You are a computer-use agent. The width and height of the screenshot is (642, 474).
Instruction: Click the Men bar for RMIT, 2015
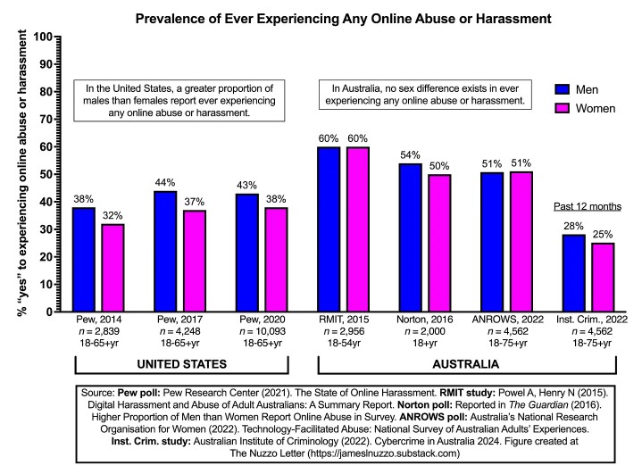coord(329,229)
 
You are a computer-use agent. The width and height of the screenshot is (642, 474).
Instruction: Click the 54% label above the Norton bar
coord(411,154)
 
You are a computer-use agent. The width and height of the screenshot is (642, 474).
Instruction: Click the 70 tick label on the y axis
coord(41,120)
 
